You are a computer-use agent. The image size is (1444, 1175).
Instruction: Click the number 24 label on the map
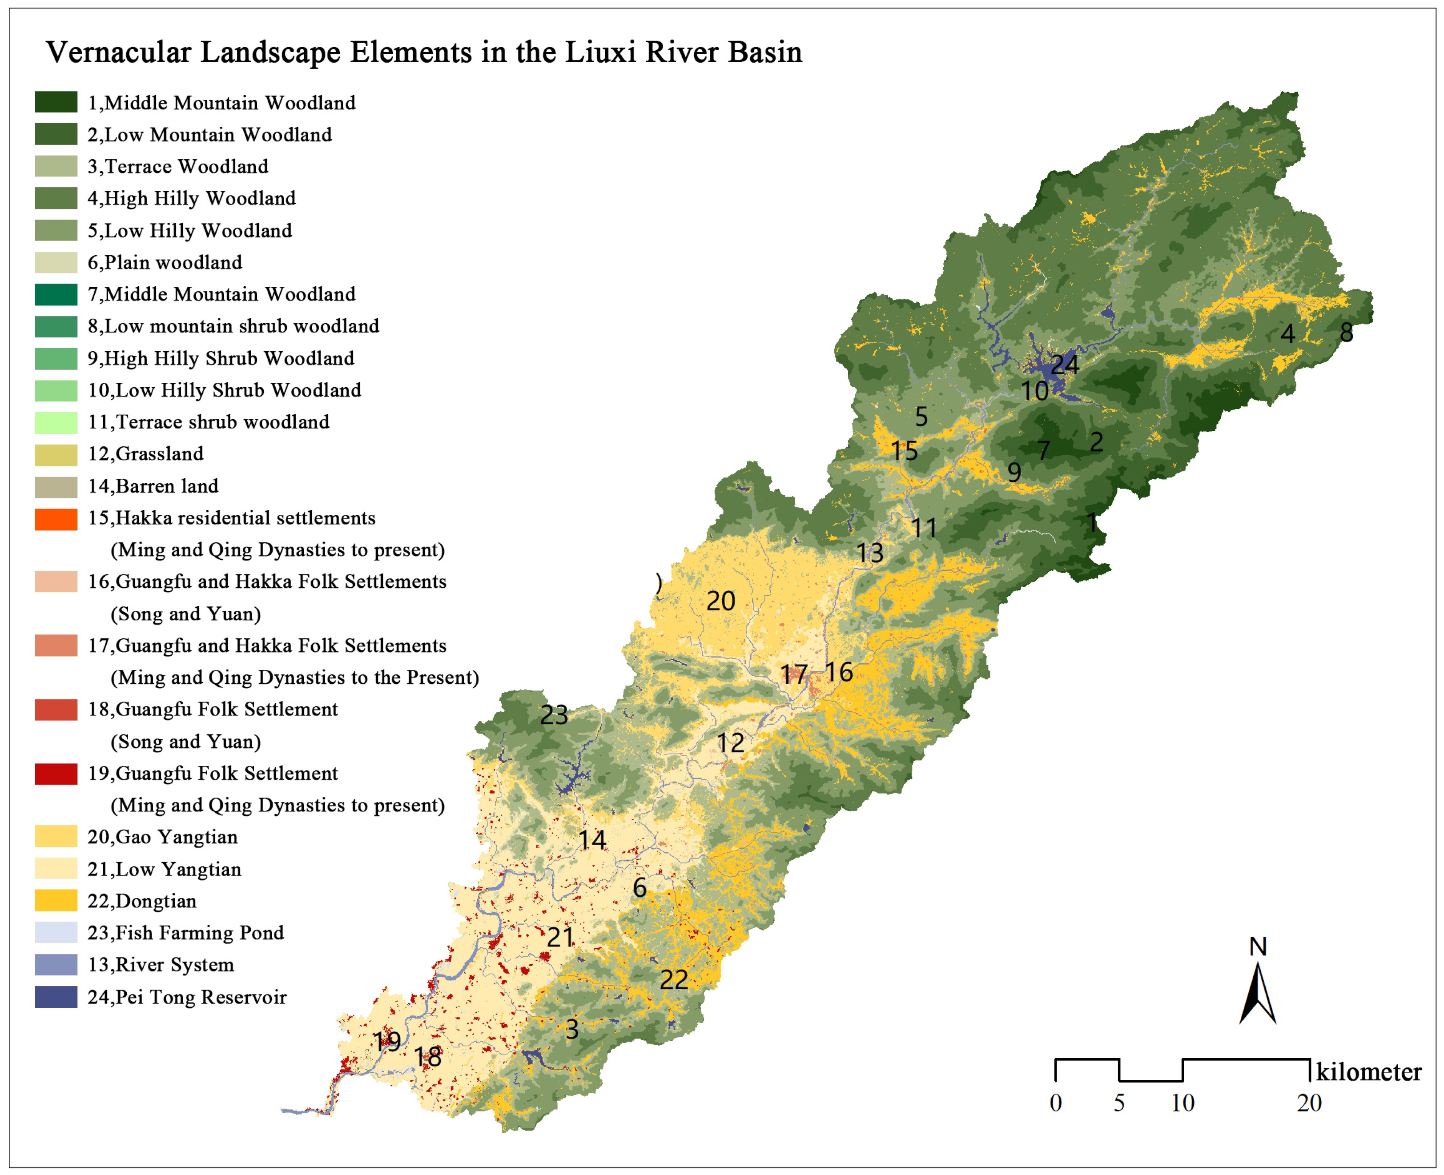click(1065, 365)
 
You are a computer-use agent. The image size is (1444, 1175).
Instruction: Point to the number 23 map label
click(554, 715)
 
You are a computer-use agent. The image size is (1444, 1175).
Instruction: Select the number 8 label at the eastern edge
click(1347, 333)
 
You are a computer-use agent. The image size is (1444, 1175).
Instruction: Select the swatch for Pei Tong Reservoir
click(56, 998)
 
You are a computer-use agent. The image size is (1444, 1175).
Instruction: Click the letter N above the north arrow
click(1257, 946)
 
